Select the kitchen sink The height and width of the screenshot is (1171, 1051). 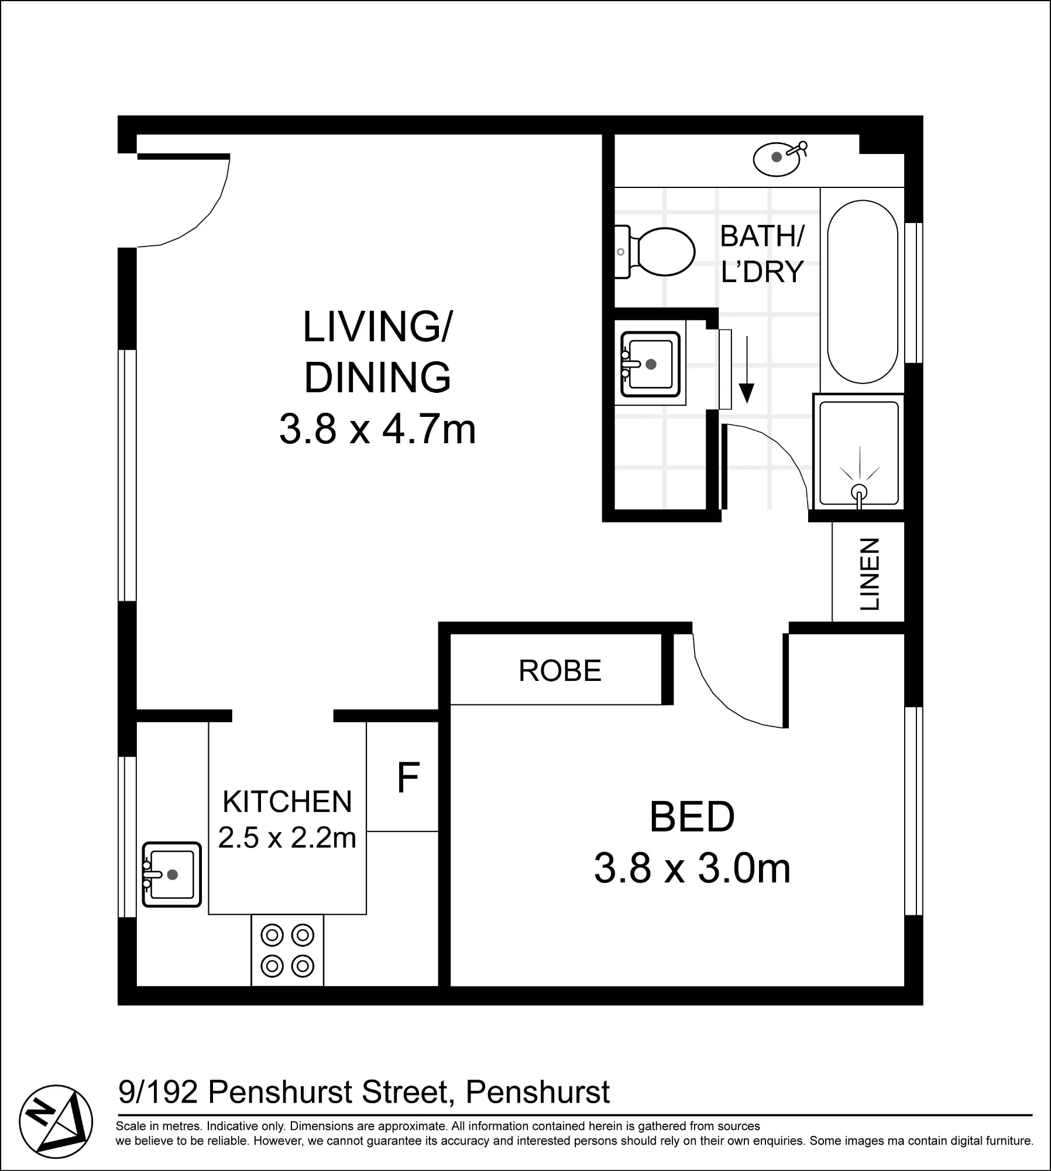pos(172,874)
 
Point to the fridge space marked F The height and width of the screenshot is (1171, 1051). pos(408,777)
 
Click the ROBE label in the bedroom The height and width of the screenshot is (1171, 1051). pos(560,670)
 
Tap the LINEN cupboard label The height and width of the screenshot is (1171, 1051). pos(870,574)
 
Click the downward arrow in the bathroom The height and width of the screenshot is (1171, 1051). pos(747,369)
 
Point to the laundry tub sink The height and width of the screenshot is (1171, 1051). pos(650,364)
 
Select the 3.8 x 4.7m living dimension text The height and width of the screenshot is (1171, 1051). pos(377,429)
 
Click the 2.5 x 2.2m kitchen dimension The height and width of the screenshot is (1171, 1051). pos(287,837)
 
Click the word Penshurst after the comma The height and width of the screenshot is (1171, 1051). pos(538,1092)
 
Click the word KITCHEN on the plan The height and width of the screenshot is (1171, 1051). pos(287,802)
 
